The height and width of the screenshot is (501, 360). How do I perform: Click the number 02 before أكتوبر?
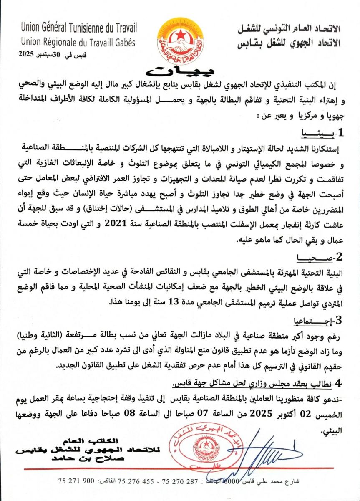coord(309,414)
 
